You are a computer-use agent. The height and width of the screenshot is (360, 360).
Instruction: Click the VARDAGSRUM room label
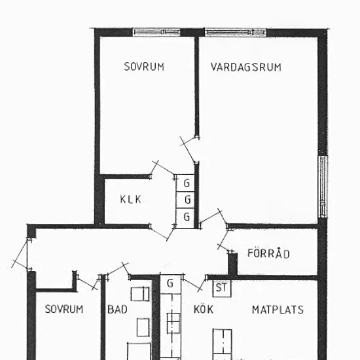(x=245, y=67)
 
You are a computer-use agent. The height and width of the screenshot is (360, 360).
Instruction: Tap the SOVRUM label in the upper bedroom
(x=144, y=67)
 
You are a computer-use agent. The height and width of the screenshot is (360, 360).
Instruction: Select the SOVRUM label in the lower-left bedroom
(x=64, y=309)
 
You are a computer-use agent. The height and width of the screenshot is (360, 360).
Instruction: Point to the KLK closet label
(x=130, y=199)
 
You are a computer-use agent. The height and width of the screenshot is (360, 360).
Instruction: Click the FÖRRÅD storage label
(x=268, y=253)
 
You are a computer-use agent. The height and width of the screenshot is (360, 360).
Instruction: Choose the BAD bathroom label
(x=117, y=309)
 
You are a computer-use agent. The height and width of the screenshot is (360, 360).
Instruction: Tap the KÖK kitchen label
(x=204, y=309)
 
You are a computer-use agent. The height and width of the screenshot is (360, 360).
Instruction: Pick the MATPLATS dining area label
(x=278, y=310)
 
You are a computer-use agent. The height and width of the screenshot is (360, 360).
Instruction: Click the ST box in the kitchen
(x=222, y=288)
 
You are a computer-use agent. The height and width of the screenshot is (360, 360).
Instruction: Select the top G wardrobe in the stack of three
(x=185, y=183)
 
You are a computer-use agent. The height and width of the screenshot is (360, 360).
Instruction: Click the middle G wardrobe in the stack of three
(x=185, y=200)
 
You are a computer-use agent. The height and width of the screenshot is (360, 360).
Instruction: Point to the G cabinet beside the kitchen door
(x=170, y=284)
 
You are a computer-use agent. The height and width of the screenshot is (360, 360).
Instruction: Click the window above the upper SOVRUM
(x=156, y=32)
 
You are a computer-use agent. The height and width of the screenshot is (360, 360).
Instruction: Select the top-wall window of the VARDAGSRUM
(x=236, y=32)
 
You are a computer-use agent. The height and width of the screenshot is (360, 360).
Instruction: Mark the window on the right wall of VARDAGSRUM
(x=323, y=187)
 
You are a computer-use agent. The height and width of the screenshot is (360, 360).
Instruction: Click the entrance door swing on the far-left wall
(x=21, y=254)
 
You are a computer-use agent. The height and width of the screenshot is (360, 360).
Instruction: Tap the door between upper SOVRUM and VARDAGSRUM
(x=189, y=149)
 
